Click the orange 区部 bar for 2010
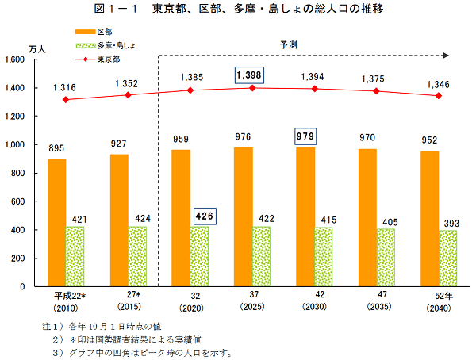(x=56, y=222)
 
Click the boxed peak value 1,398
(x=248, y=75)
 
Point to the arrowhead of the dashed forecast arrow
(x=447, y=55)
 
